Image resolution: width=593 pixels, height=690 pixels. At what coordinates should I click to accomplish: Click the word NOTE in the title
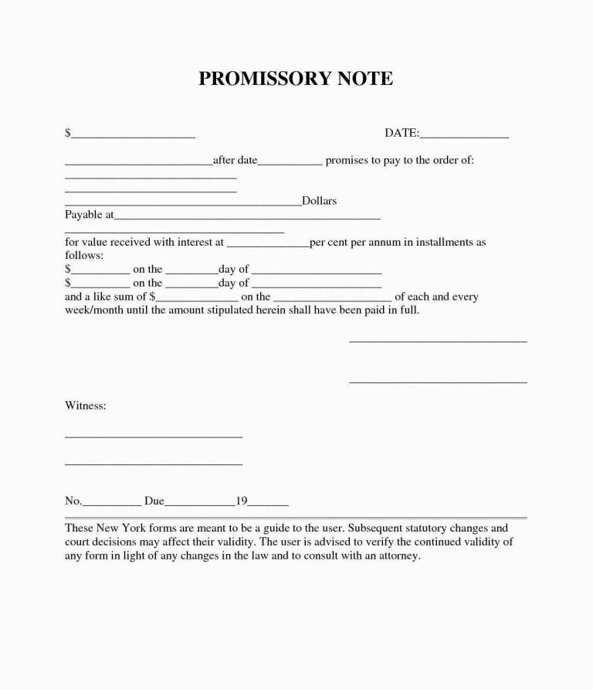pyautogui.click(x=364, y=79)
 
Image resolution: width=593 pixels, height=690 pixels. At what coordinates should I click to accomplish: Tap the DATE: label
pyautogui.click(x=402, y=134)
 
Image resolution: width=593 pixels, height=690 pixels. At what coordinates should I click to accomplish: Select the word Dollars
pyautogui.click(x=319, y=201)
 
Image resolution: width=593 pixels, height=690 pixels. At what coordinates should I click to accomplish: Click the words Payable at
pyautogui.click(x=89, y=214)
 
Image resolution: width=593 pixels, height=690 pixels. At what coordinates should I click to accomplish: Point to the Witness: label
pyautogui.click(x=85, y=405)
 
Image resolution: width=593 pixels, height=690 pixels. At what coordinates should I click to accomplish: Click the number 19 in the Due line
pyautogui.click(x=241, y=501)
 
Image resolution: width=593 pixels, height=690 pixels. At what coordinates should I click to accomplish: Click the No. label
pyautogui.click(x=73, y=501)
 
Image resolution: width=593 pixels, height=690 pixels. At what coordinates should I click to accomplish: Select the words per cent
pyautogui.click(x=329, y=243)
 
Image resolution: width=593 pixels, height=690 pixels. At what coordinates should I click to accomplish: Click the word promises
pyautogui.click(x=347, y=161)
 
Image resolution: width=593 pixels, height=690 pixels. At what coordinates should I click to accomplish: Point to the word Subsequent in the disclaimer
pyautogui.click(x=378, y=529)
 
